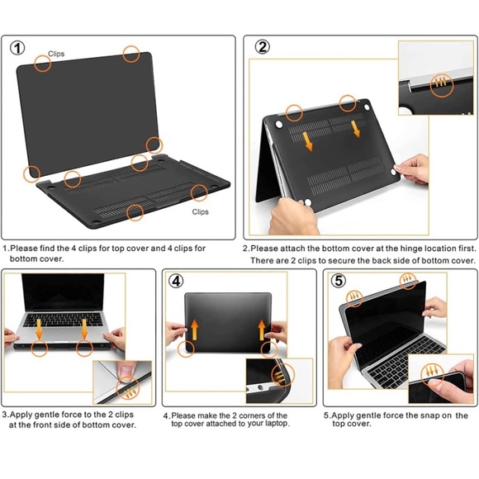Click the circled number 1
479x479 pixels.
[x=17, y=49]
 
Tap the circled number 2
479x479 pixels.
[x=263, y=47]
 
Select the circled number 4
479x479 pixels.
[x=176, y=281]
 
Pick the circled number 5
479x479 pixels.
[x=339, y=281]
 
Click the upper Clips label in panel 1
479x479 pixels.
[x=56, y=54]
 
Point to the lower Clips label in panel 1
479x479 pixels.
[x=201, y=211]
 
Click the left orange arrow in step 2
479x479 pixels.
[x=308, y=141]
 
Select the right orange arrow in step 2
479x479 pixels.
[x=355, y=129]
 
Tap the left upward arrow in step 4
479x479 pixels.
[x=194, y=330]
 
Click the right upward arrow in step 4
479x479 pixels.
[x=262, y=330]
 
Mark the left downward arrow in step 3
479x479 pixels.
[x=39, y=329]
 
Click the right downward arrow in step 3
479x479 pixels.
[x=84, y=329]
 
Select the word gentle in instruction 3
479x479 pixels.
[x=48, y=415]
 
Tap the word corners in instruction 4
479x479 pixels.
[x=254, y=415]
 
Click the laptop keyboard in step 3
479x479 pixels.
[x=64, y=320]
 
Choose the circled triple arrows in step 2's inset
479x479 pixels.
[x=442, y=86]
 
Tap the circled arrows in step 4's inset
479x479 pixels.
[x=282, y=374]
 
